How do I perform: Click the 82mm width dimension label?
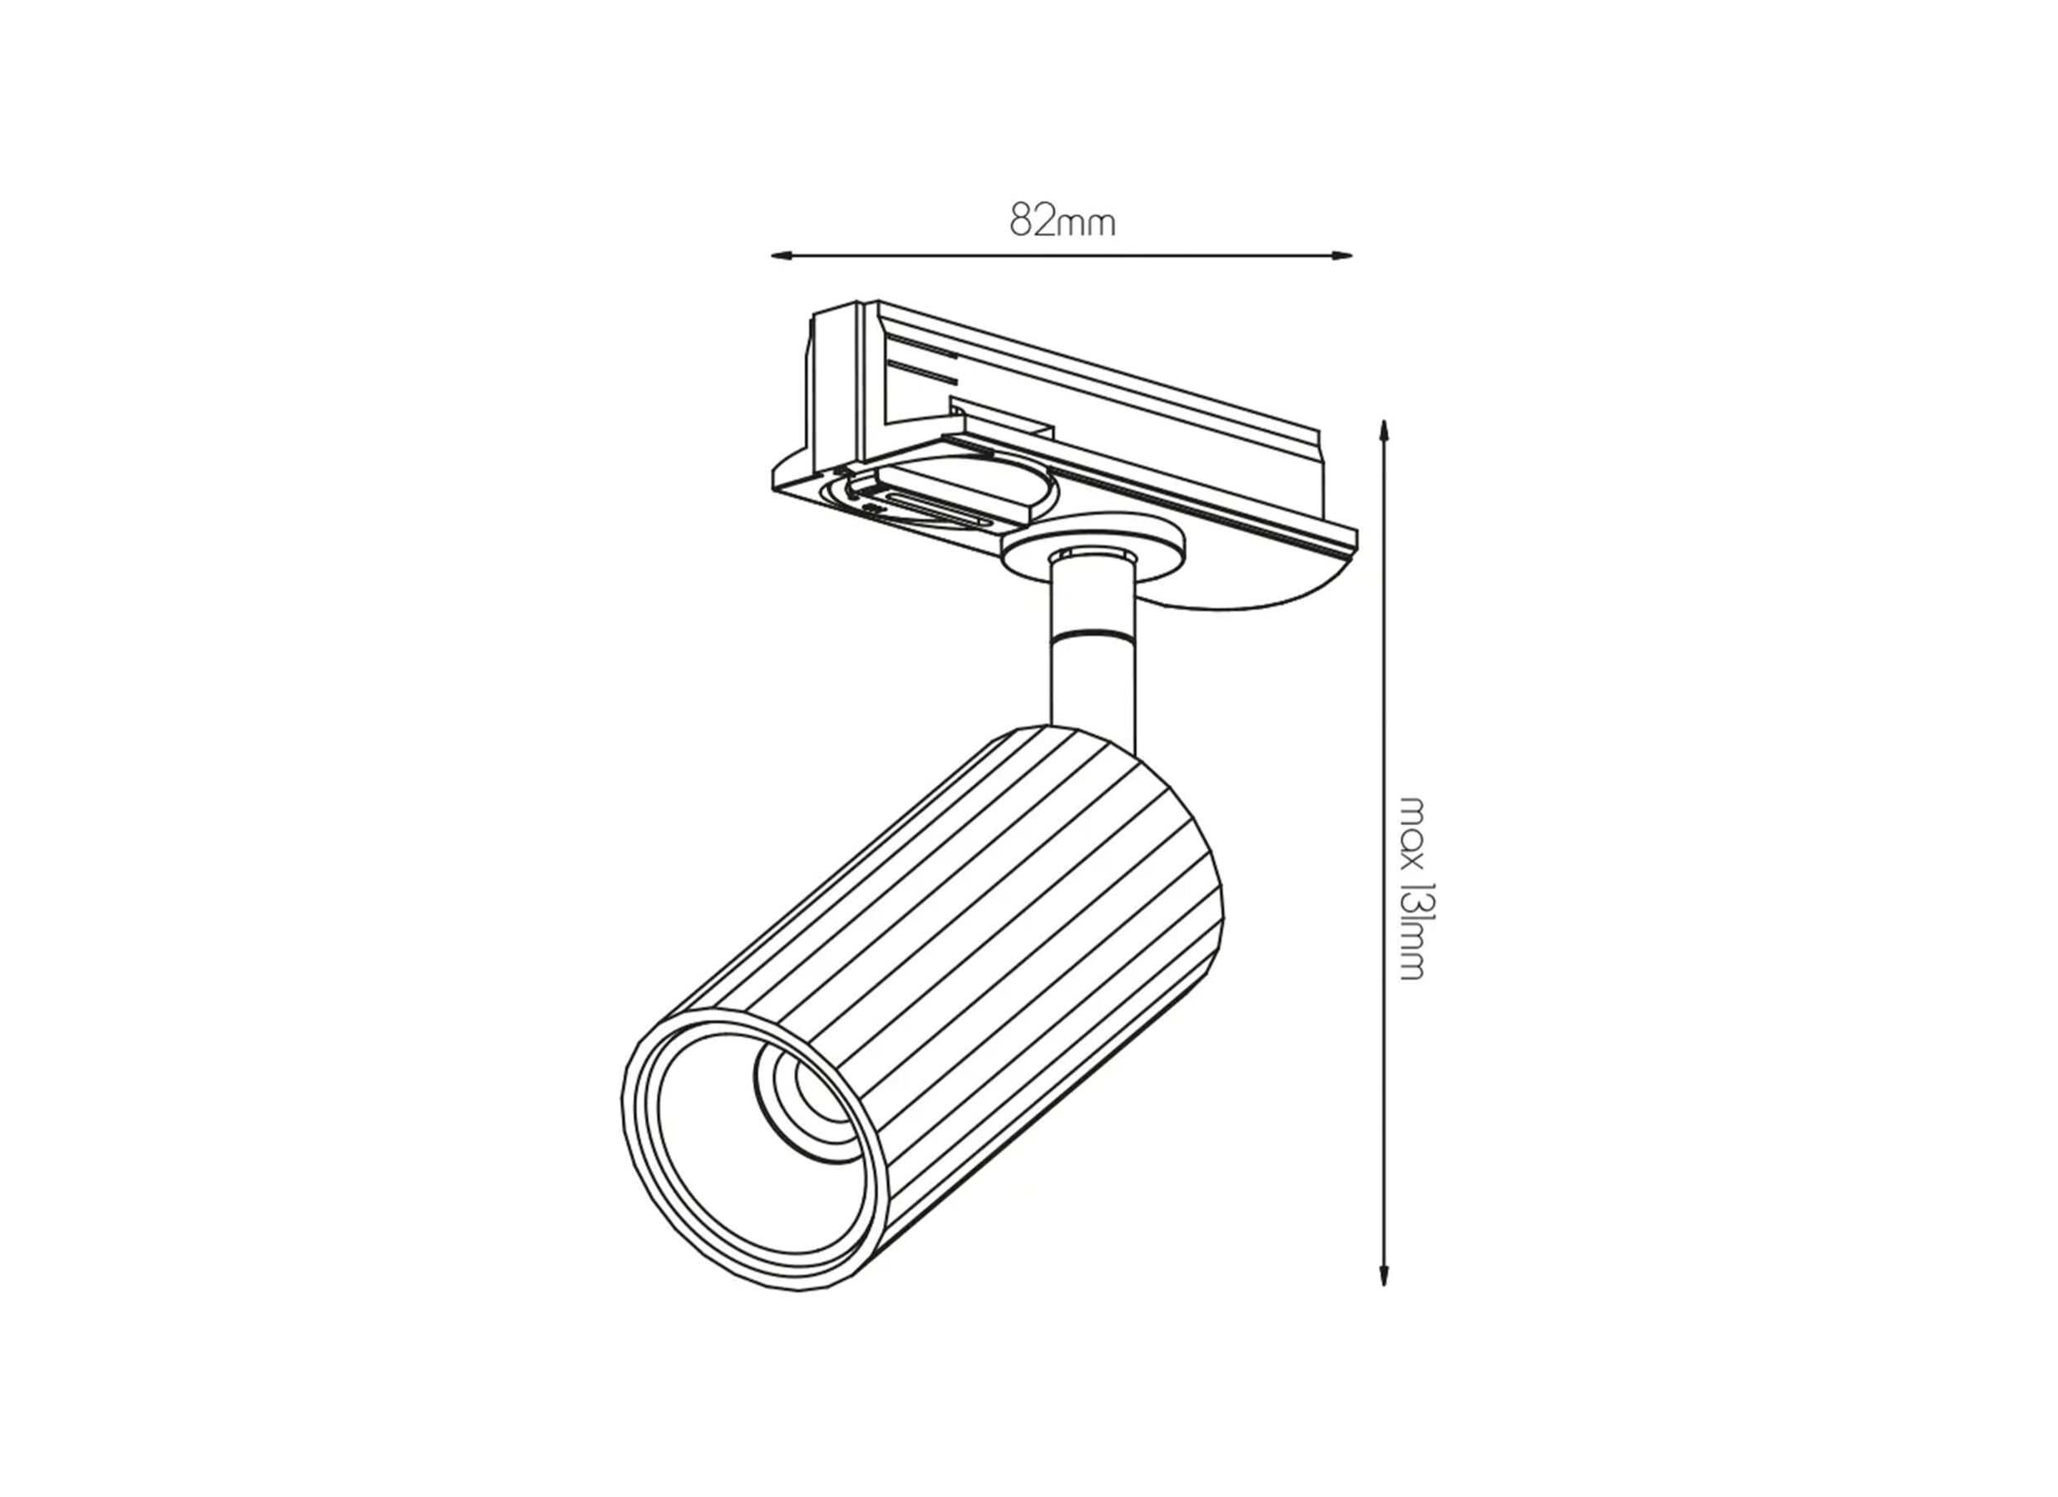tap(1062, 220)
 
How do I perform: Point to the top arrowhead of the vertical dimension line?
tap(1384, 428)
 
